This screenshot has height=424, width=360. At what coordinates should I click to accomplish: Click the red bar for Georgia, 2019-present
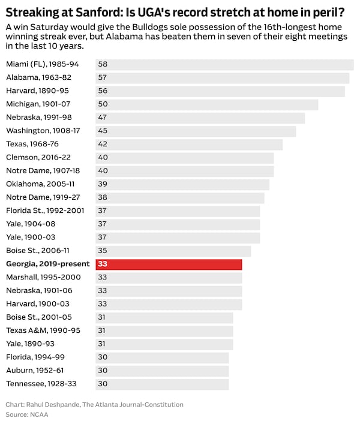pyautogui.click(x=169, y=264)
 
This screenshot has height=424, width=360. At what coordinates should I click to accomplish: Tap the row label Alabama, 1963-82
pyautogui.click(x=39, y=77)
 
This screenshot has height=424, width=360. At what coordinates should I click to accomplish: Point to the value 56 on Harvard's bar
pyautogui.click(x=103, y=91)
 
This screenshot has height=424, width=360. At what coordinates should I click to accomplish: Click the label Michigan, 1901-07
pyautogui.click(x=39, y=104)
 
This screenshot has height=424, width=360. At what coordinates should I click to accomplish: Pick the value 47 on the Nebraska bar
pyautogui.click(x=103, y=118)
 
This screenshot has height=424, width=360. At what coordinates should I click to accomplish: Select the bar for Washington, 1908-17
pyautogui.click(x=196, y=131)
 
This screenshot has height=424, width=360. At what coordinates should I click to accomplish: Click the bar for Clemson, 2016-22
pyautogui.click(x=184, y=158)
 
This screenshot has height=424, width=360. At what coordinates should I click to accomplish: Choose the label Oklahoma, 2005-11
pyautogui.click(x=41, y=184)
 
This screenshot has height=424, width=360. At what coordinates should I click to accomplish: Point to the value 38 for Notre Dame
pyautogui.click(x=103, y=197)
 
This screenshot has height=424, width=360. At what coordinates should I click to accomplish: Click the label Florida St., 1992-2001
pyautogui.click(x=45, y=211)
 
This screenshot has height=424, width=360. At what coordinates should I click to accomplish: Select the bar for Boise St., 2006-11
pyautogui.click(x=173, y=251)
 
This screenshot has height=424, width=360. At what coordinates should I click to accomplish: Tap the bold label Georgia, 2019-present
pyautogui.click(x=48, y=264)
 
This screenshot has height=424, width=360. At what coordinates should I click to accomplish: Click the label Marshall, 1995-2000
pyautogui.click(x=43, y=278)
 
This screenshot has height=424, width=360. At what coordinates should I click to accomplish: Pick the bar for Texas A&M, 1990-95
pyautogui.click(x=164, y=330)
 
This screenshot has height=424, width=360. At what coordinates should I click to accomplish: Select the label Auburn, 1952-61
pyautogui.click(x=36, y=371)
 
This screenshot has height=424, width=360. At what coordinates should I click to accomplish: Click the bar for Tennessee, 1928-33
pyautogui.click(x=162, y=384)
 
